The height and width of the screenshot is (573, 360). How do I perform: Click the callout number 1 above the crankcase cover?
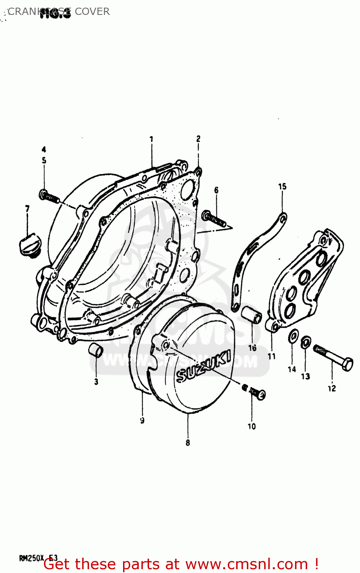tap(151, 139)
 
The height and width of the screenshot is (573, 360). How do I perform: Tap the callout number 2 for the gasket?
tap(198, 138)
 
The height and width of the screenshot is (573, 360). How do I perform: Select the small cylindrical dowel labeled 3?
tap(96, 350)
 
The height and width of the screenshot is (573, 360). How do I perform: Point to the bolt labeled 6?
tap(214, 219)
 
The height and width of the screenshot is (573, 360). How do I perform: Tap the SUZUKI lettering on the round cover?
tap(203, 367)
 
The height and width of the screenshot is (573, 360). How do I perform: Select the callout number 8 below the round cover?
tap(188, 443)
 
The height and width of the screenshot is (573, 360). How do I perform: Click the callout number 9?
tap(142, 420)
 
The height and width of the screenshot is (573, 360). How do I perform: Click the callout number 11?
tap(272, 356)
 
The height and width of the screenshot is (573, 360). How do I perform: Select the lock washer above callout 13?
tap(306, 342)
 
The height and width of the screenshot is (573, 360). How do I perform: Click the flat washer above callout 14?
tap(293, 337)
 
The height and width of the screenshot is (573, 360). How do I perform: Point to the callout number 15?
tap(282, 186)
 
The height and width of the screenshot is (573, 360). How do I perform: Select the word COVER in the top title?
tap(92, 11)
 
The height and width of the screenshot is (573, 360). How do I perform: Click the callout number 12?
tap(331, 388)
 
